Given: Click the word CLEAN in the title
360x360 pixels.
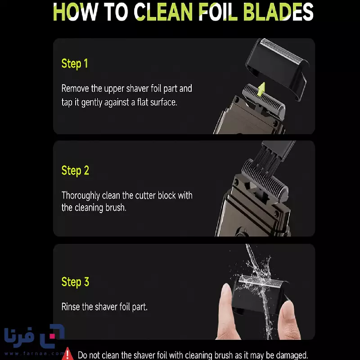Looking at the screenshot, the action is (x=163, y=12).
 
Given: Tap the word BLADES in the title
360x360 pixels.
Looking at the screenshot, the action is (x=278, y=12).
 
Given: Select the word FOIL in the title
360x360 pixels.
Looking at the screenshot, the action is (x=218, y=12).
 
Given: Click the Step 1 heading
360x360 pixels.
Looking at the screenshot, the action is (x=75, y=64).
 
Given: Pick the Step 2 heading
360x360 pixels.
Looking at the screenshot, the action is (x=75, y=171).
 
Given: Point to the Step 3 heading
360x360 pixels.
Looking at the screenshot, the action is (x=75, y=282).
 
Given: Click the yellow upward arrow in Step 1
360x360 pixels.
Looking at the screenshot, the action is (x=261, y=89).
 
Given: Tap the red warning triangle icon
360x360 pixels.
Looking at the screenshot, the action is (x=67, y=354).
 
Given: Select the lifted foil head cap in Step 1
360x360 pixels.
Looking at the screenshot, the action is (x=277, y=67).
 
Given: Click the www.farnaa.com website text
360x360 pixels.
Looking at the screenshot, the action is (x=34, y=353).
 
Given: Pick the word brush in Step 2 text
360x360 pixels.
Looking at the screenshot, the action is (x=116, y=207).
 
